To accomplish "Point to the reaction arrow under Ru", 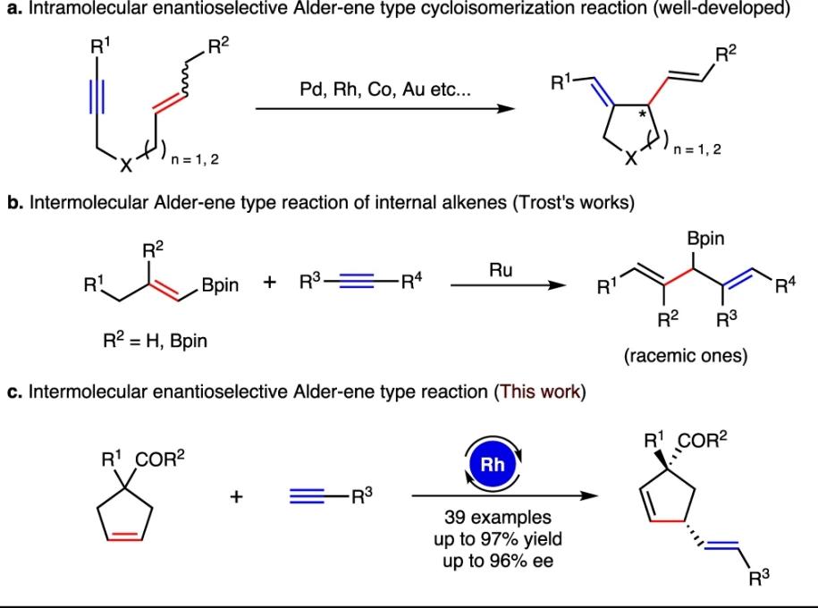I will (507, 288).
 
